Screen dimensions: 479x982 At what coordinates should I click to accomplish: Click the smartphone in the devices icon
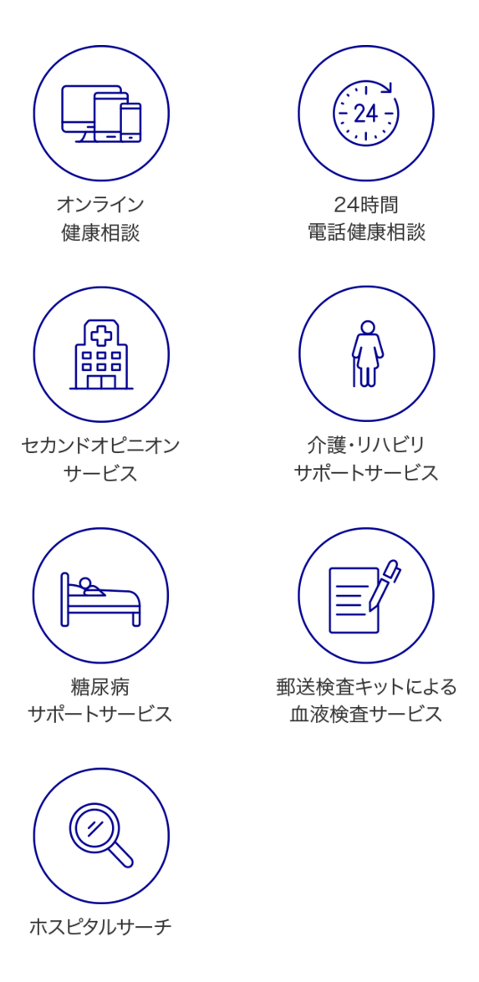131,122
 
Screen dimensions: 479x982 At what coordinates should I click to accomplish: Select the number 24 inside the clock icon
365,114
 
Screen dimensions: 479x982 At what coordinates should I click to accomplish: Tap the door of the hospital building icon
101,381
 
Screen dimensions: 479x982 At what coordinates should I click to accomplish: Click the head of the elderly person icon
368,328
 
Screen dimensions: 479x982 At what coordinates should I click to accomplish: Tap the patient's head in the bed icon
84,583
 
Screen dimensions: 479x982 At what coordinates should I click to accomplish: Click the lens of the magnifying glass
94,827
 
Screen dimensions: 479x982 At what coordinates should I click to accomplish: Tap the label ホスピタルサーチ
100,927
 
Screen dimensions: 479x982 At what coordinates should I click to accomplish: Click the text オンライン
100,204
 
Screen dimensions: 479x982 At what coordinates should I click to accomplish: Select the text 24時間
365,204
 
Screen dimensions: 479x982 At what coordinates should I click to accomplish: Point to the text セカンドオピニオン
100,445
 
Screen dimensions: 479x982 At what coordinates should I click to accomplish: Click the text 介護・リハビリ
365,445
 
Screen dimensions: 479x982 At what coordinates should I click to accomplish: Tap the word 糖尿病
100,686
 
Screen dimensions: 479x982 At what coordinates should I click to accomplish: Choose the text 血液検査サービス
365,715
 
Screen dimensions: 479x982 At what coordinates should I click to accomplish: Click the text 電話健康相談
365,232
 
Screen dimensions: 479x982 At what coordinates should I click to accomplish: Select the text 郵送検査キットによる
365,686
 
